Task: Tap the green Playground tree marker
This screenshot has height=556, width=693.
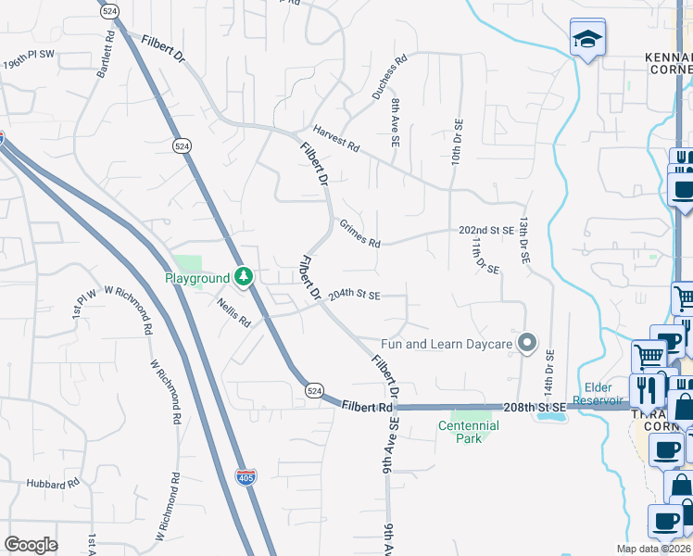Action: (x=244, y=276)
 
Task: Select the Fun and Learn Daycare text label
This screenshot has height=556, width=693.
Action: (x=447, y=344)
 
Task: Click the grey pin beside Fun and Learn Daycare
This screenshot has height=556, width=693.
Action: (x=527, y=344)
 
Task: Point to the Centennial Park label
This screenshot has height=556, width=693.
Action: (x=469, y=432)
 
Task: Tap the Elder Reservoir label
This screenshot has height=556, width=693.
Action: (x=609, y=394)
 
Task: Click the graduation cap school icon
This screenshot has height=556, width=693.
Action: (x=586, y=40)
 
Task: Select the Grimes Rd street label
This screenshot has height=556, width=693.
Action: (x=359, y=234)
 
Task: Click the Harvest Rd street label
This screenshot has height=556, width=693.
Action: (x=335, y=142)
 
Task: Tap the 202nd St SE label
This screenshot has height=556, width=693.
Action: (x=485, y=230)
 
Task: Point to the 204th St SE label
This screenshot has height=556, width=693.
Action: (x=354, y=295)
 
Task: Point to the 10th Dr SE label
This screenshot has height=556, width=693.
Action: (x=456, y=139)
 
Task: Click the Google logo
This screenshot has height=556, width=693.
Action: (x=31, y=545)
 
